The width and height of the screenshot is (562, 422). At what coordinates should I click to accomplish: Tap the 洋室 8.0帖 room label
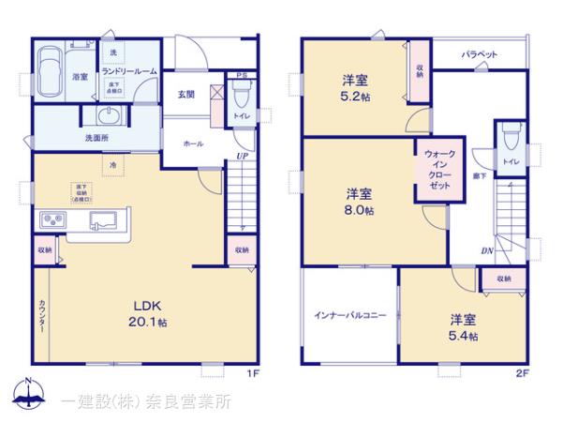click(360, 203)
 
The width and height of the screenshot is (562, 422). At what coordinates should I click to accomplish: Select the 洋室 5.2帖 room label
click(354, 87)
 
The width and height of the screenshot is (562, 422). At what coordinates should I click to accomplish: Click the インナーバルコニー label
click(349, 317)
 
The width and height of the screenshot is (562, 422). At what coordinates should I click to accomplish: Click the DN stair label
click(487, 250)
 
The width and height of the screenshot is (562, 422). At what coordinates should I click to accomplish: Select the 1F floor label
click(253, 376)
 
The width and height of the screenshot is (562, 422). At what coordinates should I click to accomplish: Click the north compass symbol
click(28, 395)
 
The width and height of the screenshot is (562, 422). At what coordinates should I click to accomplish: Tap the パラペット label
click(478, 55)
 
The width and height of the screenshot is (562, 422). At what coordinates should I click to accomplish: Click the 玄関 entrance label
click(186, 94)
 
